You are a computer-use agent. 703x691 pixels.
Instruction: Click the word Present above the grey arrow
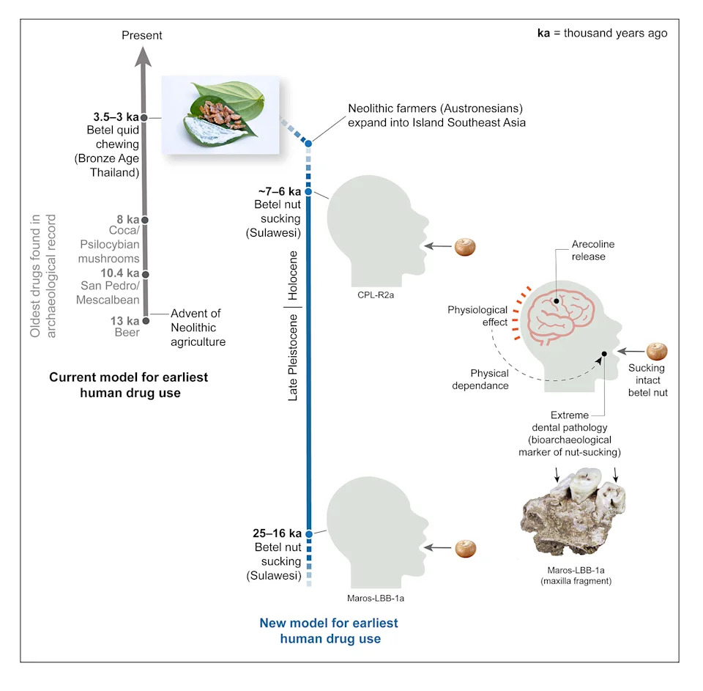tap(141, 35)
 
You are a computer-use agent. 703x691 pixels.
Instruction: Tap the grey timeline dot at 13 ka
tap(146, 321)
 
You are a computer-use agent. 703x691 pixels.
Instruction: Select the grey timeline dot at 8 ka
tap(144, 220)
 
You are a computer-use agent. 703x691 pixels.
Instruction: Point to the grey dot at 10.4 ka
tap(145, 274)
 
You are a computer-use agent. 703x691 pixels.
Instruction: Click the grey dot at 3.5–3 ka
tap(144, 117)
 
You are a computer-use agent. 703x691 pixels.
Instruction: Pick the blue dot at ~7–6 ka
tap(308, 191)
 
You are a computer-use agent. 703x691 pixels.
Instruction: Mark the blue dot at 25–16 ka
tap(309, 534)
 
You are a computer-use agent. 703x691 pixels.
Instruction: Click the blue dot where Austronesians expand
tap(308, 144)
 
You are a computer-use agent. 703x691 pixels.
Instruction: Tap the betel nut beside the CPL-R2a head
tap(465, 247)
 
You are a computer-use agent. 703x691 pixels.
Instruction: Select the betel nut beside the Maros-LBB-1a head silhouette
tap(466, 548)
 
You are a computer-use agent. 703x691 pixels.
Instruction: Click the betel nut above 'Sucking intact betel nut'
tap(657, 351)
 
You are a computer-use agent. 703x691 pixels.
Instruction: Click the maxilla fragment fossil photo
tap(573, 511)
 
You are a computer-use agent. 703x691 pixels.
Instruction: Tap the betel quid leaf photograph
tap(220, 115)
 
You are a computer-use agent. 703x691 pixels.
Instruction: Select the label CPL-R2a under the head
tap(376, 295)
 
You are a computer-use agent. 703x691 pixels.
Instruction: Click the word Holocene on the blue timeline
tap(293, 276)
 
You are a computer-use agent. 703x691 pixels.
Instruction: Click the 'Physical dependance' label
tap(480, 380)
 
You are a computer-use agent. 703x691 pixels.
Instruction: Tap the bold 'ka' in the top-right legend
tap(543, 33)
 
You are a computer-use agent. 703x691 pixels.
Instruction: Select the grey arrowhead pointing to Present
tap(143, 57)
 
